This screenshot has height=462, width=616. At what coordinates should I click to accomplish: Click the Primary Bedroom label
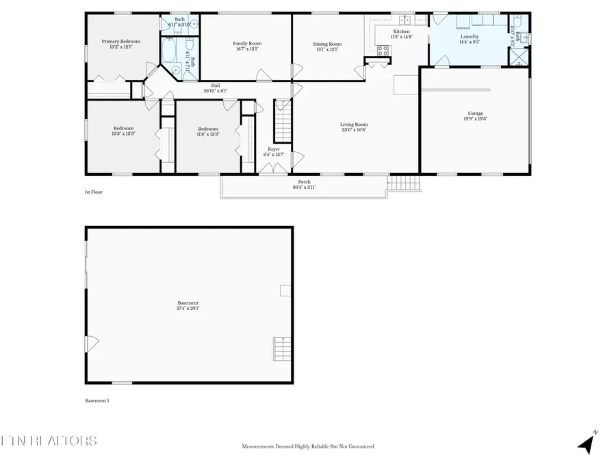(121, 42)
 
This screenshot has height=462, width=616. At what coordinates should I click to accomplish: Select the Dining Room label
(328, 44)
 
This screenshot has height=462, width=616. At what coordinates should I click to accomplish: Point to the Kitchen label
(402, 32)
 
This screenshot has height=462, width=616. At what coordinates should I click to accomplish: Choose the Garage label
(476, 114)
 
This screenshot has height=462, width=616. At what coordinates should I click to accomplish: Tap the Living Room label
(354, 125)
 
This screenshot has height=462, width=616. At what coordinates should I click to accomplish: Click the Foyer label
(272, 149)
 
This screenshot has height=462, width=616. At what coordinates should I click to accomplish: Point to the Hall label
(215, 86)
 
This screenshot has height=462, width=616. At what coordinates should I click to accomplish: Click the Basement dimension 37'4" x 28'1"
(188, 308)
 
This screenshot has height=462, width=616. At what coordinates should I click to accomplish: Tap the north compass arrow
(586, 443)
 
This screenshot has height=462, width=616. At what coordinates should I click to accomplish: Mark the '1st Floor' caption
(94, 192)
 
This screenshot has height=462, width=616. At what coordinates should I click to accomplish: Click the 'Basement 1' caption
(97, 401)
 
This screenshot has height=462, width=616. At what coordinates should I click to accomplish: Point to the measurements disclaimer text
(307, 446)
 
